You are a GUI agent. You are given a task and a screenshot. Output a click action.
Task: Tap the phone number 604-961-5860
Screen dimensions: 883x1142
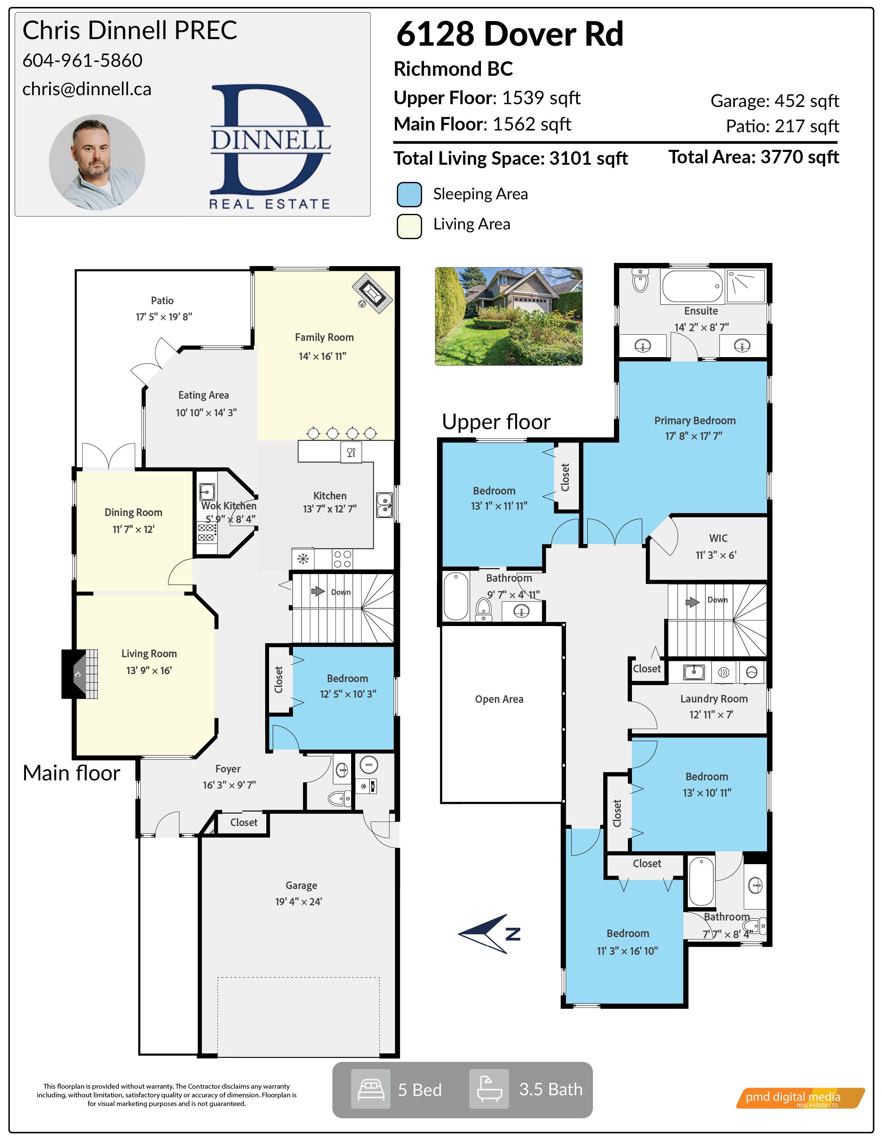[x=82, y=61]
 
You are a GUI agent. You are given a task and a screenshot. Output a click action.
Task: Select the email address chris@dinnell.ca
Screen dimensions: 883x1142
[x=87, y=89]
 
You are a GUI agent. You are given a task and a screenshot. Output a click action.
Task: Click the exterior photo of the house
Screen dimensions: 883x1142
[x=508, y=316]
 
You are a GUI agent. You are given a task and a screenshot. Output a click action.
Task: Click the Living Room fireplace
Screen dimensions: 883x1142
[x=80, y=674]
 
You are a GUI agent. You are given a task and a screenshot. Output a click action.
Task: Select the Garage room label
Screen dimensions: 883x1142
[x=301, y=885]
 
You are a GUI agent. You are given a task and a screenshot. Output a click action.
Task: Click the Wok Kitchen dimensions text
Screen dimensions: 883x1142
[x=231, y=519]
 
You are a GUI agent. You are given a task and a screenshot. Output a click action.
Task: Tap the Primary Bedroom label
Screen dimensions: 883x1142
[x=695, y=420]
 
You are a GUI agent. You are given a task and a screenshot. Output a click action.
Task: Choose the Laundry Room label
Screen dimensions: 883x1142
[x=714, y=699]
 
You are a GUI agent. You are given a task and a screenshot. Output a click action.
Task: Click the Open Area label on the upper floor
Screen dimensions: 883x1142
[x=499, y=699]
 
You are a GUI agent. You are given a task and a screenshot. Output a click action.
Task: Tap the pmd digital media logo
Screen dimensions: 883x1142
[x=800, y=1098]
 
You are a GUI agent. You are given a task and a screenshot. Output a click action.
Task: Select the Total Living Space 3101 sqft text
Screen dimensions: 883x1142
[x=510, y=158]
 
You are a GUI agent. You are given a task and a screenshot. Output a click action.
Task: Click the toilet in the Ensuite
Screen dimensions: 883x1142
[x=640, y=281]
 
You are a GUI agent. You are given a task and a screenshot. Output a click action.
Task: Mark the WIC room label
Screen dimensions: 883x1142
[x=718, y=538]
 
